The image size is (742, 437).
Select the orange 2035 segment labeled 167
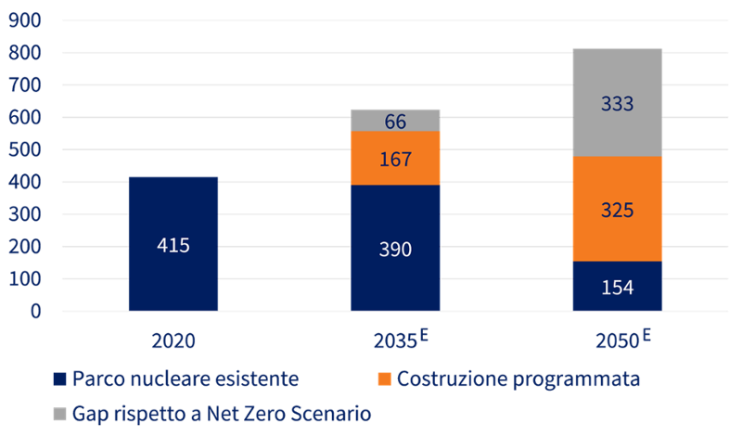pos(395,159)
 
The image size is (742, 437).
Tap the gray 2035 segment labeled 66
pos(395,120)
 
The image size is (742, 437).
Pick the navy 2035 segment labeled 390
pos(395,248)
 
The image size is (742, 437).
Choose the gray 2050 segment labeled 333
pos(617,103)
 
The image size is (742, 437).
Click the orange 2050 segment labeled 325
pos(617,210)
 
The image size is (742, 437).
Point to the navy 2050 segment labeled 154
pos(617,287)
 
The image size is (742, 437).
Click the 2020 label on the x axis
pos(173,341)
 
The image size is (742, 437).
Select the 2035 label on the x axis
pos(392,341)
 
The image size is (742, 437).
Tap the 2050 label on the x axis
pos(615,341)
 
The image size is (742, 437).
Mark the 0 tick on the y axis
pos(35,311)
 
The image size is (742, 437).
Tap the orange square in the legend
pos(385,379)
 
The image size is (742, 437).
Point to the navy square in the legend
pos(60,379)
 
